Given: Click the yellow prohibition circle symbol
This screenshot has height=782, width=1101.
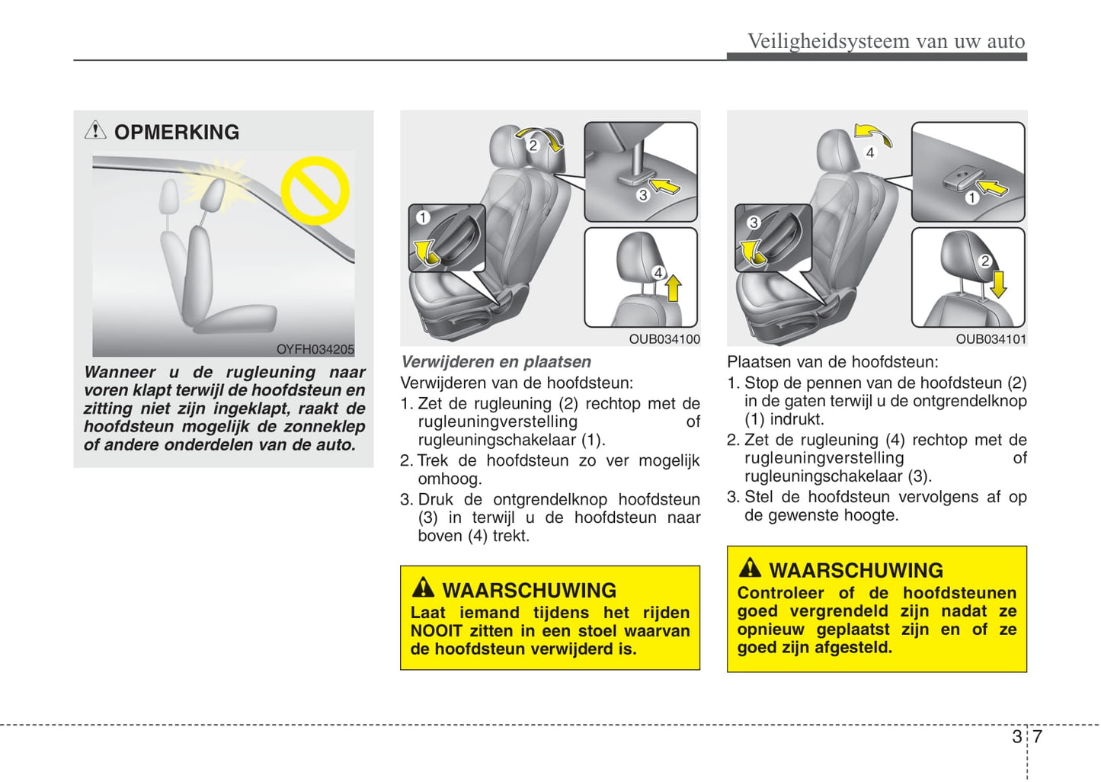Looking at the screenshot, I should point(315,191).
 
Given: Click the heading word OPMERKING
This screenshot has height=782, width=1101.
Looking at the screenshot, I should point(177,133).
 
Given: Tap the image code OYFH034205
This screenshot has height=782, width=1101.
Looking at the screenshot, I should point(315,349).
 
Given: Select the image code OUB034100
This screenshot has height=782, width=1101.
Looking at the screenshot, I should point(664,339).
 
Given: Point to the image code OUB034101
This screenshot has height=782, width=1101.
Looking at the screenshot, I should point(991,339).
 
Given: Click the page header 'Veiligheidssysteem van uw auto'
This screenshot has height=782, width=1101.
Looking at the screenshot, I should point(885,41).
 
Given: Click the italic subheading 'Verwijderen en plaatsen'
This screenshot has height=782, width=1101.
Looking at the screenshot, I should point(496,362).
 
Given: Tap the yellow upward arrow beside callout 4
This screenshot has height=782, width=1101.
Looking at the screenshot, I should point(674,289).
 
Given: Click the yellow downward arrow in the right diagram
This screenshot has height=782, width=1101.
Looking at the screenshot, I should point(998,283).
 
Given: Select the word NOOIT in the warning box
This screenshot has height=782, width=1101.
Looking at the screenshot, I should point(436,631).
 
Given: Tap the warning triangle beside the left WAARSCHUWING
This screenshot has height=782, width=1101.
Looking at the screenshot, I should point(423,588).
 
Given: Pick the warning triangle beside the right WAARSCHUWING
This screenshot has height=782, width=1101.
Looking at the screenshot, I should point(750,568).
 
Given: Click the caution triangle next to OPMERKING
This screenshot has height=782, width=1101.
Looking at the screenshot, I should point(95,130).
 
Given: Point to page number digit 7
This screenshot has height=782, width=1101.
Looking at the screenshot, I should point(1037,736).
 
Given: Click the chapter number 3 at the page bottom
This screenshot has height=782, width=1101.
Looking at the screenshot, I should point(1017,736).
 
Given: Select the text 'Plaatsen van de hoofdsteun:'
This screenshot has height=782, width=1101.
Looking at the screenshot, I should point(832,362).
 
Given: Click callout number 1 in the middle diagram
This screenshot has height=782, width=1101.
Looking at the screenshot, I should point(423,218).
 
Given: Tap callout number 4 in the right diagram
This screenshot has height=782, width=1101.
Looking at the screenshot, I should point(869,152).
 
